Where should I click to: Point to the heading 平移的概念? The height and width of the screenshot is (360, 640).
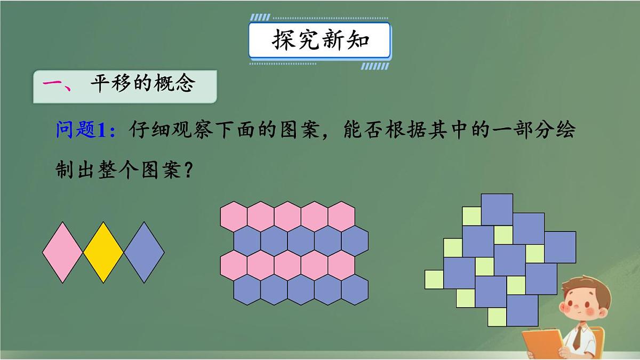coord(141,84)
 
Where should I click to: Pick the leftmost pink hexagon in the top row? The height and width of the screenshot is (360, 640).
coord(234,215)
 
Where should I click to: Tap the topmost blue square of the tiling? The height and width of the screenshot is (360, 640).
coord(497,210)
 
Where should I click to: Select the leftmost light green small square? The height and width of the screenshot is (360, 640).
coord(434,279)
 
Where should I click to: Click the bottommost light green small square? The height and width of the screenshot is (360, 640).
coord(497,317)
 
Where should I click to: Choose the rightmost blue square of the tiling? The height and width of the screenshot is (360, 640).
coord(559,247)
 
